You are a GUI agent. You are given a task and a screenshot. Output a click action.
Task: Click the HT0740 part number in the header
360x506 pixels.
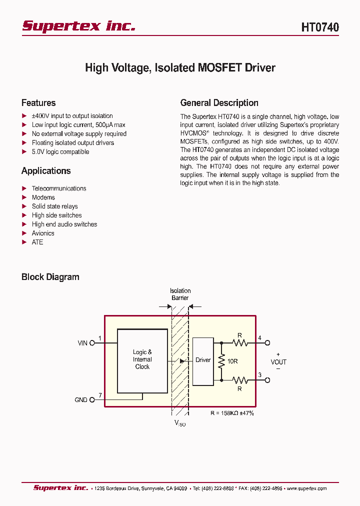coord(319,27)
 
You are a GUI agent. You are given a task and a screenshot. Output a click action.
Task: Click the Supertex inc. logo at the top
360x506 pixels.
coord(78,26)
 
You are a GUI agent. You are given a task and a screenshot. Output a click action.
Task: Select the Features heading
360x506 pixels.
coord(38,103)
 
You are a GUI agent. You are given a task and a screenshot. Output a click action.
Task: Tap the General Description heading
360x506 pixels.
coord(219,103)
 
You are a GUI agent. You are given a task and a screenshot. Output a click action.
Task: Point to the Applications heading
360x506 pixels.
coord(46,171)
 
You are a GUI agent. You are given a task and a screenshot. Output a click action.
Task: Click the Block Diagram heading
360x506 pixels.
coord(50,277)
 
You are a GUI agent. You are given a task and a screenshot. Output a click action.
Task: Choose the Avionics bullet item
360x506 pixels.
coord(43,233)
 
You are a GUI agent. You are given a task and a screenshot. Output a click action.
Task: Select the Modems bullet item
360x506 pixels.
coord(43,197)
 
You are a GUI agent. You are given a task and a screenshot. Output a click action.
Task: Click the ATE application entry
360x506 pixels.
coord(37,242)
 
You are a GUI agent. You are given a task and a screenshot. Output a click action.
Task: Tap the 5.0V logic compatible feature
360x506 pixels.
coord(60,152)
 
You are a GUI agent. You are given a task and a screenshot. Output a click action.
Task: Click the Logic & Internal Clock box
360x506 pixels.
coord(142,360)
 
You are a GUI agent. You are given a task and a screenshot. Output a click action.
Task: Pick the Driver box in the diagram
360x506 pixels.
coord(203,360)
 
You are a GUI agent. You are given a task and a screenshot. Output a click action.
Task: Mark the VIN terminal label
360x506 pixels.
coord(82,343)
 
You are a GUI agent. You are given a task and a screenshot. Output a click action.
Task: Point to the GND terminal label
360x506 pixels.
coord(81,400)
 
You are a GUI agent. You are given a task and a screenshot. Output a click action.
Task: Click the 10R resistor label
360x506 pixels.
coord(232,361)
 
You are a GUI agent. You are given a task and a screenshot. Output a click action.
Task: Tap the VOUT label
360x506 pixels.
coord(278,362)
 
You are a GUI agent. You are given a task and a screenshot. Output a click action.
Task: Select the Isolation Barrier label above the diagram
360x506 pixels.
coord(180,294)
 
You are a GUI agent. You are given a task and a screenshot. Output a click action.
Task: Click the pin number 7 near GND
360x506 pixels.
coord(100,395)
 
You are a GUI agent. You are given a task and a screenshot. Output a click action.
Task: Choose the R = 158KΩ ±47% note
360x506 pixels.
coord(232,413)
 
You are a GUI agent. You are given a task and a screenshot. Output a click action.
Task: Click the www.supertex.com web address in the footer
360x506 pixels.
coord(306,488)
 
